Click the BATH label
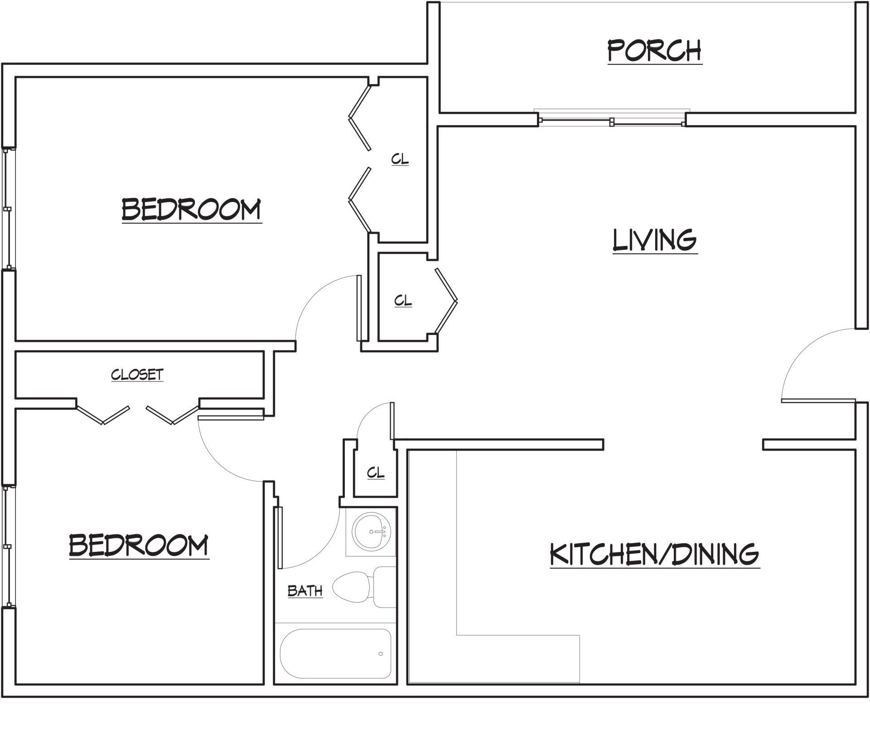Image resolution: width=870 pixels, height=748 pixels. pyautogui.click(x=305, y=591)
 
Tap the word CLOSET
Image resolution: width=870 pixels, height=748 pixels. pyautogui.click(x=137, y=375)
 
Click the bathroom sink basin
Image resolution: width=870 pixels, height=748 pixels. pyautogui.click(x=371, y=531)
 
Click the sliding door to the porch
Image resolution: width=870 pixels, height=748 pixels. pyautogui.click(x=612, y=121)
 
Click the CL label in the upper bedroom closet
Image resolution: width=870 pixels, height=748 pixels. pyautogui.click(x=400, y=159)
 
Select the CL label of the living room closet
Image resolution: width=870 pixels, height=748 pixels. pyautogui.click(x=403, y=301)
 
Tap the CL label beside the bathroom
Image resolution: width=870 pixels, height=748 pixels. pyautogui.click(x=376, y=473)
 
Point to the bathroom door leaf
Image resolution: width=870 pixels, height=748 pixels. pyautogui.click(x=280, y=537)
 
